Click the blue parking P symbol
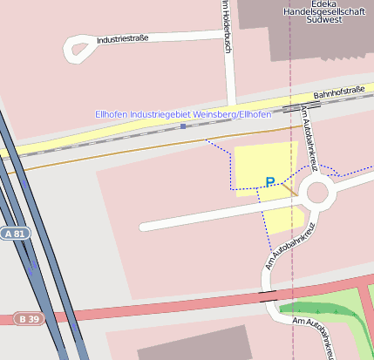pos(270,182)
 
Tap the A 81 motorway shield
pos(15,234)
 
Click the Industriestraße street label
pos(123,39)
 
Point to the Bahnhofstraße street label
pos(339,91)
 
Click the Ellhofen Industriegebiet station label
pos(183,114)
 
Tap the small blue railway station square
pos(183,126)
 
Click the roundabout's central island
pos(317,192)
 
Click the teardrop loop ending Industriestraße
pos(78,49)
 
